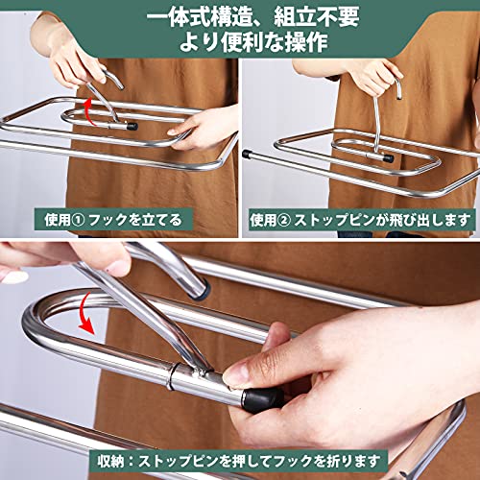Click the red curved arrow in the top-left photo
[89, 112]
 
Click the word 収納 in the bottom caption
[110, 461]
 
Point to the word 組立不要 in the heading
[317, 18]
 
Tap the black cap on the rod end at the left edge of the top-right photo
[246, 154]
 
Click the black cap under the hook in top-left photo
[132, 126]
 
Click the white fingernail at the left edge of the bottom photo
[14, 276]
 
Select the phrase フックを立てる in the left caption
[134, 220]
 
